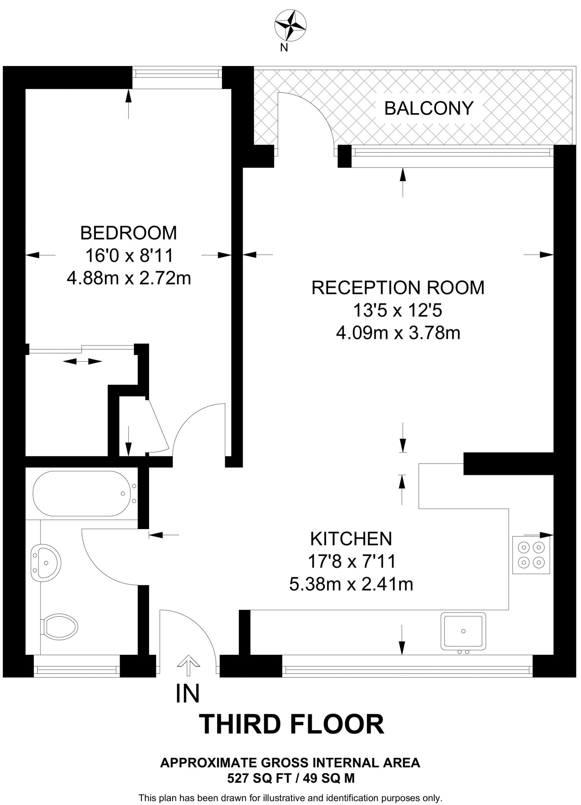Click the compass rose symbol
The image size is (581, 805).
tap(290, 26)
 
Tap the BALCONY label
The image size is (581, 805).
tap(429, 108)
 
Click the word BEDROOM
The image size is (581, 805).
tap(128, 233)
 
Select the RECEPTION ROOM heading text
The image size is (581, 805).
tap(398, 288)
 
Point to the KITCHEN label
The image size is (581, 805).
tap(351, 539)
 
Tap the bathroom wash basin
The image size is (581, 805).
tap(46, 563)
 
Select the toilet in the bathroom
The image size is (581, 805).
tap(60, 627)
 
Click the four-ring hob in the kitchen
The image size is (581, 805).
tap(531, 555)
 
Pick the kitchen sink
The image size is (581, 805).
tap(463, 631)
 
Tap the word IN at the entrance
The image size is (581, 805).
tap(187, 694)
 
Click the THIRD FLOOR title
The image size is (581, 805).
tap(291, 724)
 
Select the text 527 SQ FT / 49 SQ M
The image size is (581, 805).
tap(291, 778)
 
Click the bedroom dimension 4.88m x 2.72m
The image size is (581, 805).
tap(128, 279)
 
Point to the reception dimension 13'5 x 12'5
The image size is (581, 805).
tap(398, 311)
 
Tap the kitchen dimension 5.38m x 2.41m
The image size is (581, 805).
tap(351, 584)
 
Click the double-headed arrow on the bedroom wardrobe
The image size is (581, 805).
tap(82, 361)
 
